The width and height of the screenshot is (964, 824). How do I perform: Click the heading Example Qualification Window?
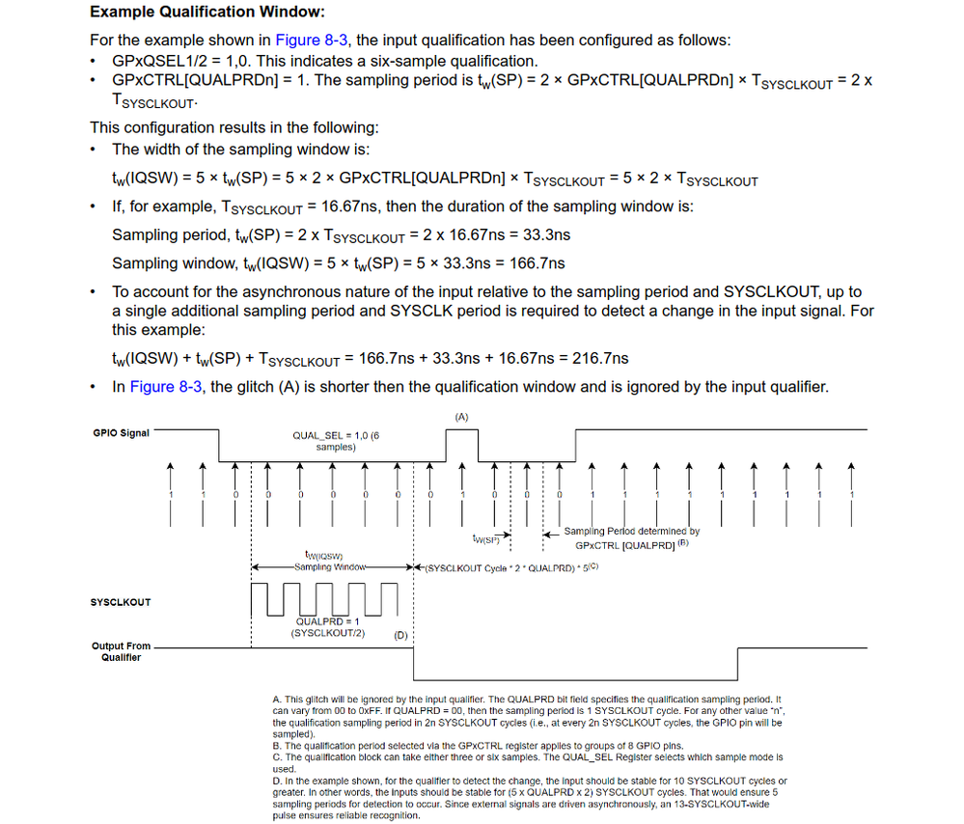[207, 13]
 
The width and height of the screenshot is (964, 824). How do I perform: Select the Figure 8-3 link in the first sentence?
[312, 40]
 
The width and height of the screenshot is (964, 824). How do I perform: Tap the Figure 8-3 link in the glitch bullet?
[166, 386]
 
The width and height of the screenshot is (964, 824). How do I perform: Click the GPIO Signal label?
[121, 433]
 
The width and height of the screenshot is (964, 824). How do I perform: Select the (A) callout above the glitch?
[460, 416]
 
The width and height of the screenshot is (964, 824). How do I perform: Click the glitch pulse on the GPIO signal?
[461, 445]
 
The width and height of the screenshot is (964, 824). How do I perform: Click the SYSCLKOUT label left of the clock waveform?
[121, 602]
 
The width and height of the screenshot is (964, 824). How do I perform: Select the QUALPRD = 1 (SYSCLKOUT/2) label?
[327, 627]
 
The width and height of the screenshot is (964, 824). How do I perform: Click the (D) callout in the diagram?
[400, 635]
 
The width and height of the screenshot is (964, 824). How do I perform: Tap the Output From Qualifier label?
[121, 651]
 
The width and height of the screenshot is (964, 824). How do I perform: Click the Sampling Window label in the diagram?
[330, 566]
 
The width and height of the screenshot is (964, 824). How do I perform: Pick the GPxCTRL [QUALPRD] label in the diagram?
[625, 544]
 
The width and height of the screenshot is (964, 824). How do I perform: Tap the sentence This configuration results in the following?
[234, 127]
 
